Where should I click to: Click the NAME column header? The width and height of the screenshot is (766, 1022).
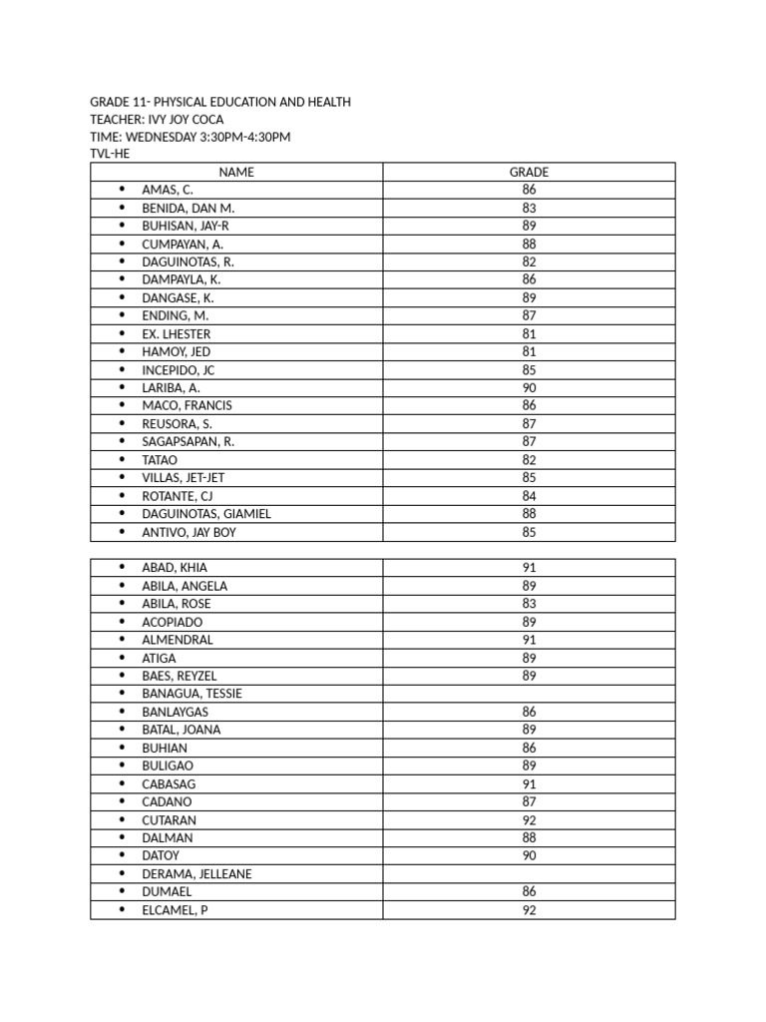[236, 172]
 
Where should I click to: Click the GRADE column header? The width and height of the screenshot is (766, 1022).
[529, 172]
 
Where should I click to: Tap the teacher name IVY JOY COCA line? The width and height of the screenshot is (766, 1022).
[157, 120]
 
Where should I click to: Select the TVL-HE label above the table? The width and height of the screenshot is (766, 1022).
[110, 155]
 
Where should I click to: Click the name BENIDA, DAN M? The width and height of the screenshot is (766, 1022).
[188, 208]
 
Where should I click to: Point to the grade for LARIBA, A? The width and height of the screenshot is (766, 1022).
[529, 387]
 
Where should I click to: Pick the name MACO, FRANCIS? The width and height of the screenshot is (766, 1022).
[187, 405]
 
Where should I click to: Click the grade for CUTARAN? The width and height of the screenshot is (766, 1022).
[529, 820]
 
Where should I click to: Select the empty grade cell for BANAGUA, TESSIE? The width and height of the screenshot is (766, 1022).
[529, 694]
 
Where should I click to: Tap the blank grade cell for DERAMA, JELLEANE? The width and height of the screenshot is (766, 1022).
[529, 874]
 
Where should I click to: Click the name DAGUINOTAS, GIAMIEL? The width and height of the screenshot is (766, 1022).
[206, 514]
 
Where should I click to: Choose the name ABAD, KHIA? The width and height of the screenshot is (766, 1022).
[175, 568]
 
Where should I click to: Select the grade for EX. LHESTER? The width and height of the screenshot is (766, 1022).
[529, 333]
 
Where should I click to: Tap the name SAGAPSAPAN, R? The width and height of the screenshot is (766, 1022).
[188, 441]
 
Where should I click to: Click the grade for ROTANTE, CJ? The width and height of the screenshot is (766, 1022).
[529, 496]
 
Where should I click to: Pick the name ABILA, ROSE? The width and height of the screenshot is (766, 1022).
[177, 604]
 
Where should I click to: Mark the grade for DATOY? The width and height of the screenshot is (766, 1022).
[529, 856]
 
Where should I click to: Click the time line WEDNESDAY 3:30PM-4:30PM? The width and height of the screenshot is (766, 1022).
[190, 137]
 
